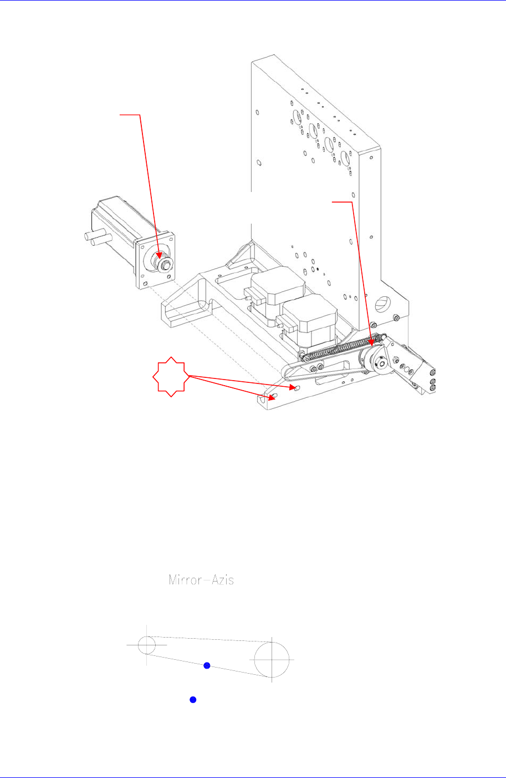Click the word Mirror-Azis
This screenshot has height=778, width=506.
pos(201,580)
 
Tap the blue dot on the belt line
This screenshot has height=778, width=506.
pos(207,665)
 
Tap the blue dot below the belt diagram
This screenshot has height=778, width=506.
pos(193,700)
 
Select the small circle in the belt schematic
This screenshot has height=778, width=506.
pos(146,646)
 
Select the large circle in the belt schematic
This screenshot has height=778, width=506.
pos(272,659)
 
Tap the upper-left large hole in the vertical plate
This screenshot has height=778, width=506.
pos(297,117)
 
